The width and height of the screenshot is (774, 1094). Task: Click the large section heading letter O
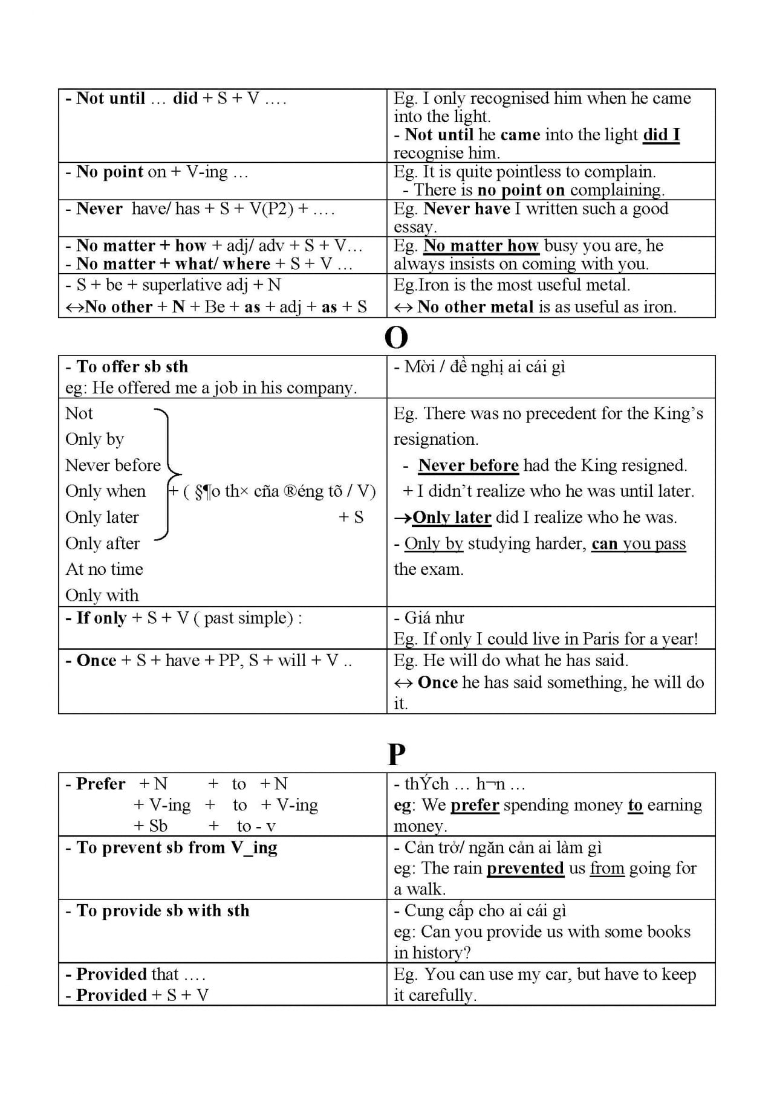click(396, 338)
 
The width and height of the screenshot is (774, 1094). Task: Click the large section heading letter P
click(396, 754)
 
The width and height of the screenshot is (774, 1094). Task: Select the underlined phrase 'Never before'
click(468, 465)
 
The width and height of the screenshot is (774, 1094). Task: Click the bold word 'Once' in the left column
click(96, 660)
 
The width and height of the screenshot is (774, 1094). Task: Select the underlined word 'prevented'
click(525, 868)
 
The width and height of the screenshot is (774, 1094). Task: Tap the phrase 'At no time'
click(104, 569)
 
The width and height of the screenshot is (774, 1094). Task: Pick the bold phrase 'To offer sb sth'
click(132, 366)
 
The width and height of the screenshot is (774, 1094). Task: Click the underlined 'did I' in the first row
click(661, 134)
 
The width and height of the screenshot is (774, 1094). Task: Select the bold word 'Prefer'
click(100, 783)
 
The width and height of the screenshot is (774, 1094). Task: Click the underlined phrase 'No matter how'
click(481, 245)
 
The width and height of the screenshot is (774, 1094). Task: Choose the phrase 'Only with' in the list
click(102, 595)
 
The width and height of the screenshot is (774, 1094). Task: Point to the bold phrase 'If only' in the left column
click(101, 618)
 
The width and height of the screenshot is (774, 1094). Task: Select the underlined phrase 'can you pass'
click(639, 543)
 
